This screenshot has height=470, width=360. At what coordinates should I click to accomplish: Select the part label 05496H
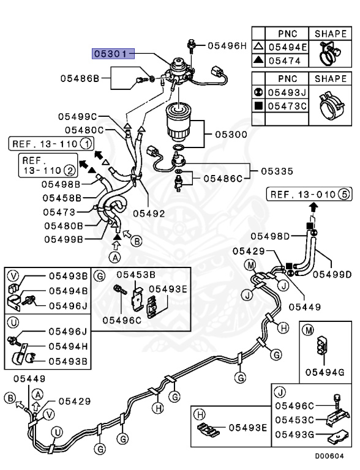coord(227,45)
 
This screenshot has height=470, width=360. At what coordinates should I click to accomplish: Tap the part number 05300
coord(231,134)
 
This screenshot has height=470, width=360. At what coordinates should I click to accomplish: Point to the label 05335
coord(277,171)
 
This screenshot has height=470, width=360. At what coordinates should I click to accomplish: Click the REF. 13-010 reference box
coord(309,194)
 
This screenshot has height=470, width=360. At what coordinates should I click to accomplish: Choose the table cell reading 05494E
coord(288,47)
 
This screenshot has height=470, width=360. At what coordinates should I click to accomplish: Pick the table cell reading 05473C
coord(287,106)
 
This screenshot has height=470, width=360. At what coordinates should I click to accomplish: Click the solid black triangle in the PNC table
coord(258,60)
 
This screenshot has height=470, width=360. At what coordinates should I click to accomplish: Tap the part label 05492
coord(149,214)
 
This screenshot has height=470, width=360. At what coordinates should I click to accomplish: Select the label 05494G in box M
coord(325,372)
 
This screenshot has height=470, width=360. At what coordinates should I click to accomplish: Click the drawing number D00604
coord(329,456)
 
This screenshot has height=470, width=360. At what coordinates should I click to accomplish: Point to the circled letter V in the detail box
coord(13,275)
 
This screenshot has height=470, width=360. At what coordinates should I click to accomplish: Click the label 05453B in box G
coord(136,275)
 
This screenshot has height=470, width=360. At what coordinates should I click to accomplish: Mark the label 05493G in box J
coord(294,435)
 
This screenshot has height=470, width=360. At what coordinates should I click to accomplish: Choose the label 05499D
coord(332,274)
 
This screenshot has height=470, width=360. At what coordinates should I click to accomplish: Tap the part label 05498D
coord(270,236)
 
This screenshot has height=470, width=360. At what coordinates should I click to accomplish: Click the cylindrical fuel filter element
coord(180,123)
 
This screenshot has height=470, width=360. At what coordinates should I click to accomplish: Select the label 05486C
coord(223,179)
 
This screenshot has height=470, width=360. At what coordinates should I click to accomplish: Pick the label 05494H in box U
coord(68,346)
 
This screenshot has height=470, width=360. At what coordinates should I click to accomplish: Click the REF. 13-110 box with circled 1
coord(51,144)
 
